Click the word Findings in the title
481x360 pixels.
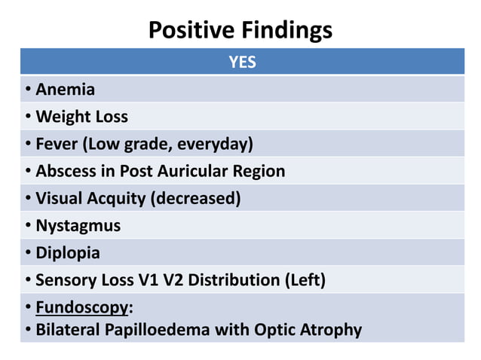pos(289,30)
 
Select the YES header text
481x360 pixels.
pos(242,63)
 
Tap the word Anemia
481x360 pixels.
pos(66,90)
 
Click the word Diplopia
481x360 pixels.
pos(68,252)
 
